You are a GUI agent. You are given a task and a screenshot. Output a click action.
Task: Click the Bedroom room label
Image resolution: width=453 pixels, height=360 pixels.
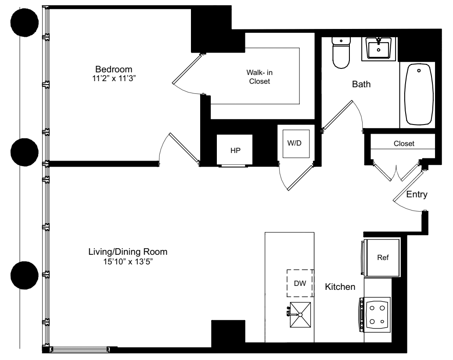tap(114, 69)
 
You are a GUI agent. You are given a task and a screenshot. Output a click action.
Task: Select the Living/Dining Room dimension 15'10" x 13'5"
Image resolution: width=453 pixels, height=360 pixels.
tap(128, 262)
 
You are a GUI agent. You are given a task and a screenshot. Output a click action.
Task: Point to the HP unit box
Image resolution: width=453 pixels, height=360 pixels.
tap(235, 150)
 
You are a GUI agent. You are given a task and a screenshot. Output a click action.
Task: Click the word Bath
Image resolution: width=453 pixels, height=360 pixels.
tap(361, 85)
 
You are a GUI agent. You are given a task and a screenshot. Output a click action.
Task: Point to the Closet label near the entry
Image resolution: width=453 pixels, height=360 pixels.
tap(404, 143)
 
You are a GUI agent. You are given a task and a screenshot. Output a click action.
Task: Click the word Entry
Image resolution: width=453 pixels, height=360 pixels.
tap(417, 194)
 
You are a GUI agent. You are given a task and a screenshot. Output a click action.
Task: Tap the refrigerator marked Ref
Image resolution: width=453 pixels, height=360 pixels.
tap(383, 258)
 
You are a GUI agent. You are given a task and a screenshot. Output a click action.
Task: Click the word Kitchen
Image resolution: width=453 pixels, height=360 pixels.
tap(340, 287)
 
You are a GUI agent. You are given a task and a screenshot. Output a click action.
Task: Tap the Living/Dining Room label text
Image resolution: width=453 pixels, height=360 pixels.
tap(128, 253)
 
